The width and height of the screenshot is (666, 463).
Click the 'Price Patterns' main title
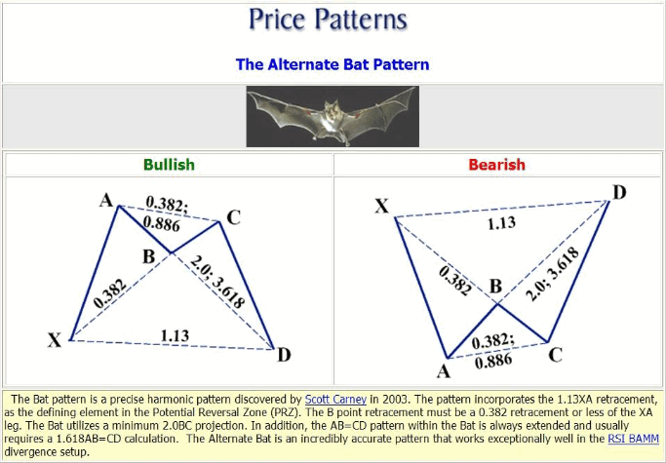click(328, 19)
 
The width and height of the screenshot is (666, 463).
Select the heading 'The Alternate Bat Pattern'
click(333, 64)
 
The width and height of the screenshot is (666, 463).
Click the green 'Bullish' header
click(169, 165)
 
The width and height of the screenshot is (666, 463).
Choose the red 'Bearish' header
click(496, 165)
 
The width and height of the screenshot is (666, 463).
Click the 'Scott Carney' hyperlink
click(335, 400)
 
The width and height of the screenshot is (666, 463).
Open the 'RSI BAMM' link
click(633, 439)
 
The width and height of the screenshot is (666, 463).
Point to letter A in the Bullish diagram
click(106, 200)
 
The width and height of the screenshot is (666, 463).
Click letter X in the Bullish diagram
click(55, 340)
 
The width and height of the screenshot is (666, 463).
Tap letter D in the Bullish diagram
click(284, 355)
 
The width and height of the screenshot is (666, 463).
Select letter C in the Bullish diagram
click(233, 217)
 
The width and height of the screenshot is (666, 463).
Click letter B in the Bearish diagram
click(495, 287)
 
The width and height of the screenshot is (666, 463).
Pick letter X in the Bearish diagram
click(382, 206)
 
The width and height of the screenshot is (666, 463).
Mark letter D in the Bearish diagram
click(619, 193)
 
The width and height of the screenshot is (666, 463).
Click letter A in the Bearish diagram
click(444, 371)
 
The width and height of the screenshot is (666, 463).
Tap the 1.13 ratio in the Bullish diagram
click(175, 336)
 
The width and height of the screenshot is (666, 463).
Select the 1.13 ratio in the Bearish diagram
click(501, 223)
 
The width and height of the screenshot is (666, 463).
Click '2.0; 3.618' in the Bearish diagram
click(552, 274)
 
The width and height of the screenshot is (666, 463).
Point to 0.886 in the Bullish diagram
click(162, 223)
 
